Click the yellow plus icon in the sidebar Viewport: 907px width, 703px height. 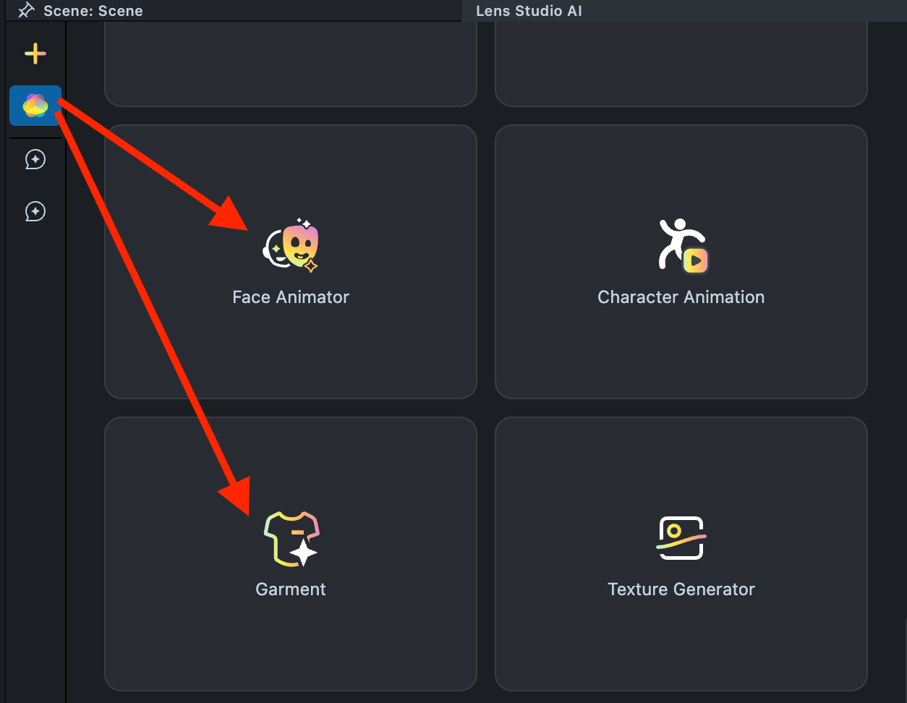point(35,54)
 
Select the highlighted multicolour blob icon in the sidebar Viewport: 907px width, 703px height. point(35,106)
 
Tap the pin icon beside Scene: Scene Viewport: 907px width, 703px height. point(26,10)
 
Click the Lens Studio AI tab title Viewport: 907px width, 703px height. point(529,11)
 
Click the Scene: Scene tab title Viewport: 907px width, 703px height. point(93,11)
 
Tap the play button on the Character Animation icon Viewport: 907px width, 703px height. point(695,260)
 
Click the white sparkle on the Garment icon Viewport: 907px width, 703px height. point(304,553)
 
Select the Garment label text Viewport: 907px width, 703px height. point(291,589)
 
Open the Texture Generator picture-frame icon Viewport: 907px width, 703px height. point(681,537)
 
